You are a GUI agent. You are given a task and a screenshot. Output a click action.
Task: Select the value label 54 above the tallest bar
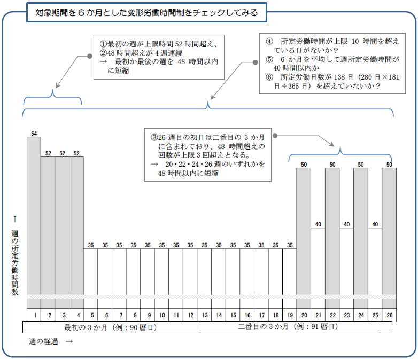tap(34, 133)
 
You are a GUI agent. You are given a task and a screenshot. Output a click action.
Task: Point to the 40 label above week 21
tap(318, 224)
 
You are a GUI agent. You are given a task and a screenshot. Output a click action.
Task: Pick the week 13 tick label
tap(204, 315)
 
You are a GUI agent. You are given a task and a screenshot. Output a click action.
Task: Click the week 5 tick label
tap(91, 315)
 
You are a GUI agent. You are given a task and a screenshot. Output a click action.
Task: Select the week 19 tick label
tap(290, 315)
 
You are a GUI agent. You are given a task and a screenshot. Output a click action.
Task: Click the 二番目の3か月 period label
tap(288, 327)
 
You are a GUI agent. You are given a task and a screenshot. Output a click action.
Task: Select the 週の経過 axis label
tap(43, 341)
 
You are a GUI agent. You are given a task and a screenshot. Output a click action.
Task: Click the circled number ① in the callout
tap(103, 43)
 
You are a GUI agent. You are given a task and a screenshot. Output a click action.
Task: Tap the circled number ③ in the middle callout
tap(154, 137)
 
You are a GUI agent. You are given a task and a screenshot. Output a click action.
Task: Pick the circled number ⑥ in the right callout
tap(269, 77)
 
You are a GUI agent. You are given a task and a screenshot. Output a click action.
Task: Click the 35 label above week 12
tap(190, 245)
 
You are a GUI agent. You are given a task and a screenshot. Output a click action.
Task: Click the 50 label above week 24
tap(361, 164)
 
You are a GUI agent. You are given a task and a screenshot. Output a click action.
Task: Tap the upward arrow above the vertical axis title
tap(15, 218)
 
